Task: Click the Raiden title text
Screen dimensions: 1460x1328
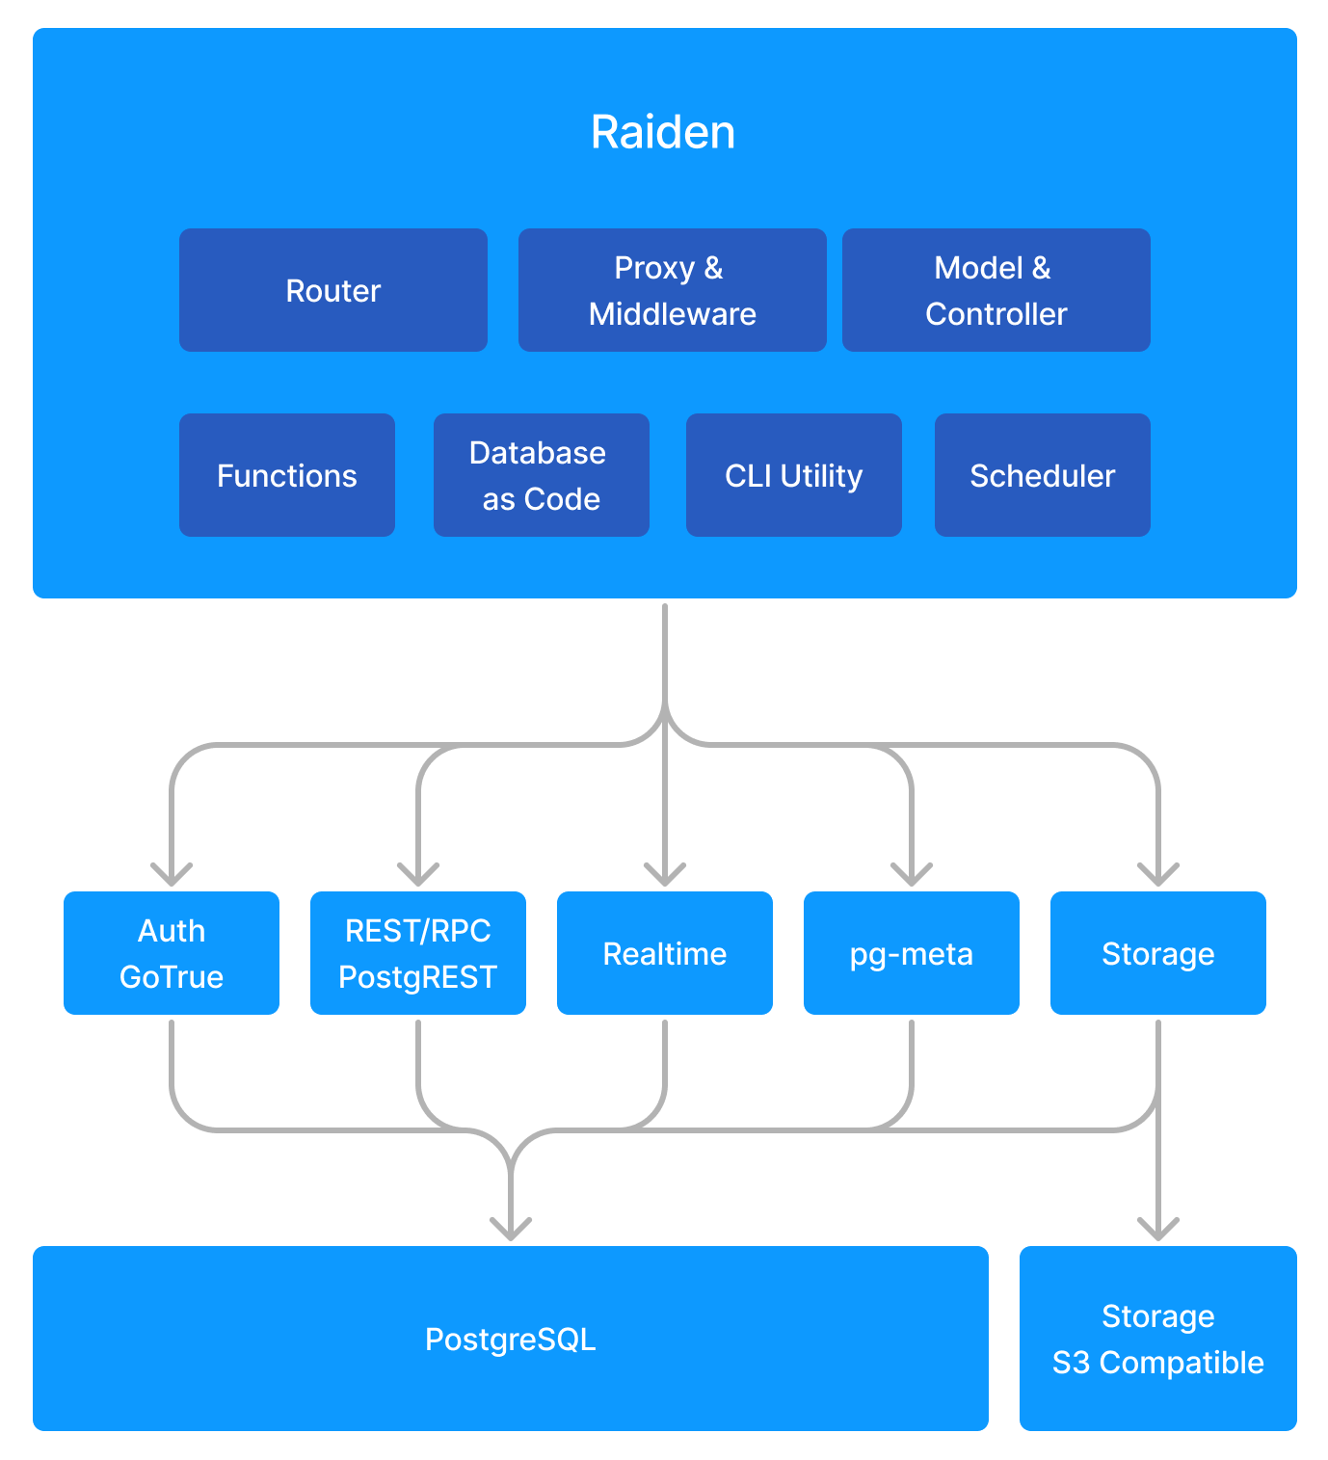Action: (x=663, y=132)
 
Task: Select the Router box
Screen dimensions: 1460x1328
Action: (x=333, y=290)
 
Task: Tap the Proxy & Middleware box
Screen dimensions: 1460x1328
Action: (x=673, y=290)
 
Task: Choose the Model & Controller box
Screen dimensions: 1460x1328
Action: (x=996, y=290)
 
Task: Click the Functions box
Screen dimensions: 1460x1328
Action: (x=287, y=475)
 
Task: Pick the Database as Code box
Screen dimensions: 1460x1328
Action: (x=542, y=475)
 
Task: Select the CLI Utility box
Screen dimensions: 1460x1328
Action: (x=794, y=475)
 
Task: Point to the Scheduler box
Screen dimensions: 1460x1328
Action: (x=1043, y=475)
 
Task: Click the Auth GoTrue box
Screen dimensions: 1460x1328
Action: (x=172, y=953)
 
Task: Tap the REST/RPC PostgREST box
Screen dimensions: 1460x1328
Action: (x=418, y=953)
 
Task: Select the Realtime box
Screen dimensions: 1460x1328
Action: (x=665, y=953)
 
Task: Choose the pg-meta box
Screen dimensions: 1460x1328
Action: (x=912, y=953)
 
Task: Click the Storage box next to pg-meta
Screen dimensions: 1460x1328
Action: (x=1158, y=953)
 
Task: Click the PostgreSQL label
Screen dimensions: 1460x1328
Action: (x=511, y=1339)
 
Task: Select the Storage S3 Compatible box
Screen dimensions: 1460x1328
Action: (x=1158, y=1339)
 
